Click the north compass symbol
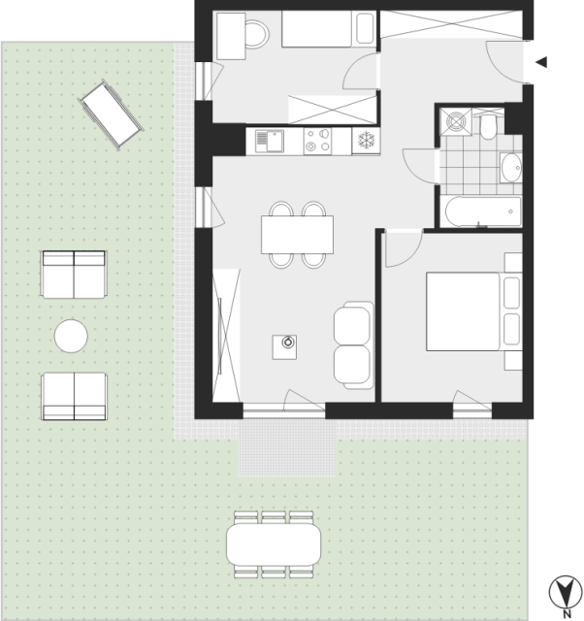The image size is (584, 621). click(566, 593)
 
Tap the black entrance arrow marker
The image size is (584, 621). click(541, 62)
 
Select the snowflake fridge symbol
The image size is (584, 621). click(366, 141)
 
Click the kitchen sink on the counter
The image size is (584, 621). click(270, 142)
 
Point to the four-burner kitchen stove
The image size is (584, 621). click(317, 141)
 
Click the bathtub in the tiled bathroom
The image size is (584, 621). click(483, 212)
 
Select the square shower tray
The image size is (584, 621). click(457, 121)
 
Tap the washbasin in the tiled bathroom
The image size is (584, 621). click(510, 168)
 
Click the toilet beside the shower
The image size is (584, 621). click(488, 125)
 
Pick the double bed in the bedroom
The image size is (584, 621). click(474, 311)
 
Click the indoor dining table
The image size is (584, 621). click(297, 235)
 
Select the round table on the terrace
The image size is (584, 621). click(71, 336)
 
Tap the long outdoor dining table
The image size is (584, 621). click(274, 544)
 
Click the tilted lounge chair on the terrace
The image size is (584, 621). click(112, 114)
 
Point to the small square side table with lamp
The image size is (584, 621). click(284, 347)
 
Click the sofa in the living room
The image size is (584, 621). click(353, 345)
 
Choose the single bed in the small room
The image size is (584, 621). click(329, 29)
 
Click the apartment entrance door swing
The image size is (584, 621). click(506, 62)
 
